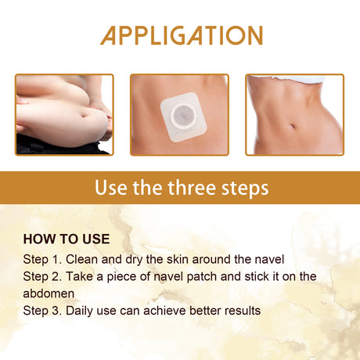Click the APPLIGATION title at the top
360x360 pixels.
point(181,35)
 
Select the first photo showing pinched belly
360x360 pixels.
point(64,114)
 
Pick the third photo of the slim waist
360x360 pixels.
point(294,114)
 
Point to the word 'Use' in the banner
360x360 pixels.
point(110,189)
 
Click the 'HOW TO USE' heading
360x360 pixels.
point(67,239)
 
